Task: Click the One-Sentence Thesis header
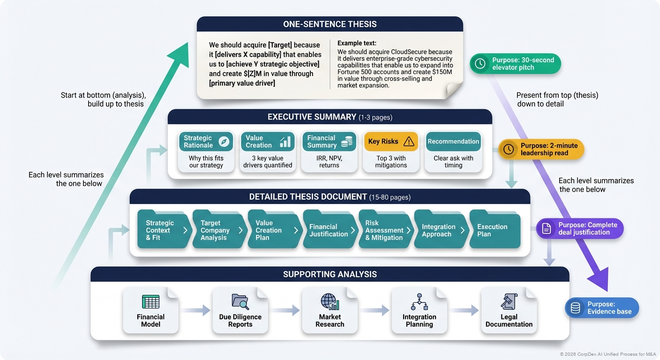point(330,24)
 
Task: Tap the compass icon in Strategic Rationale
point(224,142)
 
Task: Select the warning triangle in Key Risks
point(409,142)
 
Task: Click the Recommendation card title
point(453,142)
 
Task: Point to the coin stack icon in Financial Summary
point(346,142)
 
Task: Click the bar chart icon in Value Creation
point(285,142)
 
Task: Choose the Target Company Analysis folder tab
point(219,230)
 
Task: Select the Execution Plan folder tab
point(495,230)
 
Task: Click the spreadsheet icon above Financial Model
point(150,301)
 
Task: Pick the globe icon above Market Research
point(330,301)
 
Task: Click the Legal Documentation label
point(509,321)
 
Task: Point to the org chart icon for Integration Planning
point(419,302)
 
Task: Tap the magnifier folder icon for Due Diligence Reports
point(240,301)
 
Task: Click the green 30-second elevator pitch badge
point(515,64)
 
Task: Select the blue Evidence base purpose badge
point(602,308)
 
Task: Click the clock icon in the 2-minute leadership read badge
point(509,149)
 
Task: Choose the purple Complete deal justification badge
point(580,229)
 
